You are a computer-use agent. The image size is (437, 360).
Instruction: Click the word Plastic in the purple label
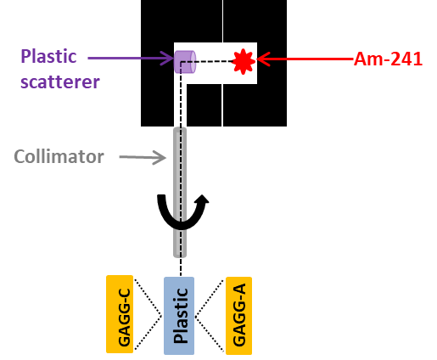49,57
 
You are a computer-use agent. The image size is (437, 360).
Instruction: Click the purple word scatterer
60,82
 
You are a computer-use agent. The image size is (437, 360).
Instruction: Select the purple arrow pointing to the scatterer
131,59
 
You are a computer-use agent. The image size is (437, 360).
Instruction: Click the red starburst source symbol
244,60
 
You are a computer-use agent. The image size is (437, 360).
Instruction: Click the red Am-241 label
388,59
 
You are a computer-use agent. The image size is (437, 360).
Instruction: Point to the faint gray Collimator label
59,157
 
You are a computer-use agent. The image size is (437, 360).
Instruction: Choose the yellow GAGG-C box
120,314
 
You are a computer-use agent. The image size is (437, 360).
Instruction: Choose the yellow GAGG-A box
238,314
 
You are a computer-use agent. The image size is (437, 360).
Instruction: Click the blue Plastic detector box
179,315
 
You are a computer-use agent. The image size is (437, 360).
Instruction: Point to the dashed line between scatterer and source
216,61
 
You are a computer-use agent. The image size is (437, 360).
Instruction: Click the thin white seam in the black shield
223,102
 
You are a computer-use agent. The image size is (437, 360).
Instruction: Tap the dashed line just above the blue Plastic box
180,267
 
